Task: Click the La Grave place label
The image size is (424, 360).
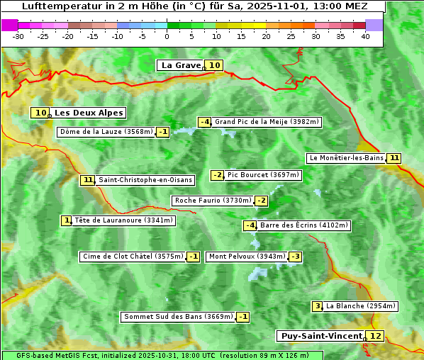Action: (181, 65)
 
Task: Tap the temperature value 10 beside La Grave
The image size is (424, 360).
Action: (215, 65)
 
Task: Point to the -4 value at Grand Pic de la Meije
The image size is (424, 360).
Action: (204, 122)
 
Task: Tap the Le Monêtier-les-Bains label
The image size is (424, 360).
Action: (345, 158)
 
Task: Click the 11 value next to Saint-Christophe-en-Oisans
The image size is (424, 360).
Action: (88, 180)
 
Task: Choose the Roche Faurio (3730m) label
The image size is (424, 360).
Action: (213, 201)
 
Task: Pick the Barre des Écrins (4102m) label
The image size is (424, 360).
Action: (304, 225)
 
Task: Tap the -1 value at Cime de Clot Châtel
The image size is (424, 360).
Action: (193, 257)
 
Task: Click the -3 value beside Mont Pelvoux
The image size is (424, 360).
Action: (295, 257)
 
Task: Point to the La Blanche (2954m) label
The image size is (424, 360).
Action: (360, 306)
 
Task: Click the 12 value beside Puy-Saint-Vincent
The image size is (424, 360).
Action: (375, 336)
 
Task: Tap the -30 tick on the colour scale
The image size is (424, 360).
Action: (18, 35)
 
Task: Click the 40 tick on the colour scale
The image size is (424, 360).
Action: (366, 35)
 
